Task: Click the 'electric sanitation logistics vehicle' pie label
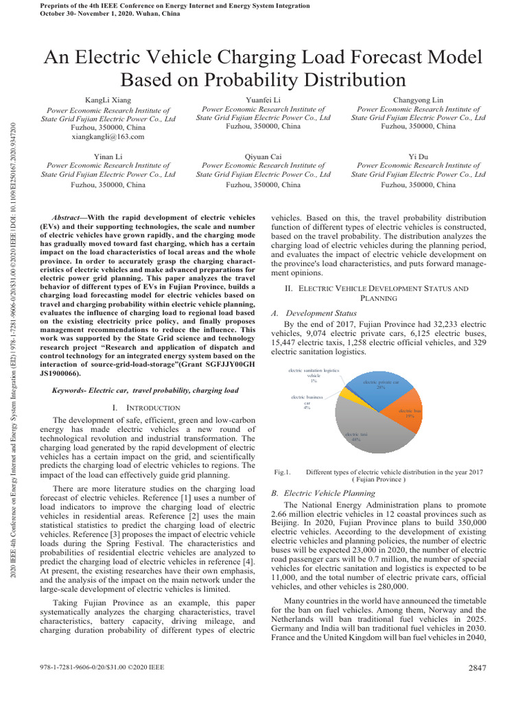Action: pyautogui.click(x=313, y=376)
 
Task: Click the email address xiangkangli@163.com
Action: pyautogui.click(x=108, y=136)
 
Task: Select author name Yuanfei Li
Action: pyautogui.click(x=263, y=100)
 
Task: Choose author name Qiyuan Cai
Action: pyautogui.click(x=263, y=156)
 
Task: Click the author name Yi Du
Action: pyautogui.click(x=418, y=156)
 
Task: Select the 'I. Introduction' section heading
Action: pyautogui.click(x=145, y=408)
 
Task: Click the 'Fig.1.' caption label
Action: pyautogui.click(x=283, y=472)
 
